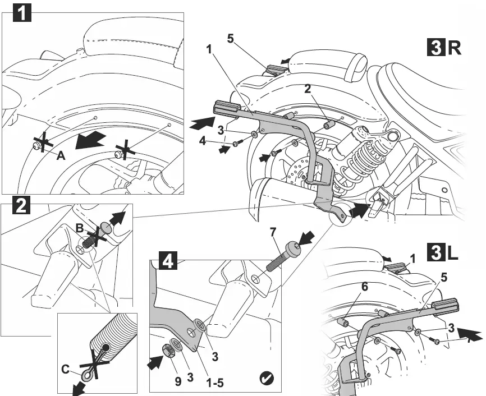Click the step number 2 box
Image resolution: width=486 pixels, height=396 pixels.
21,206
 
